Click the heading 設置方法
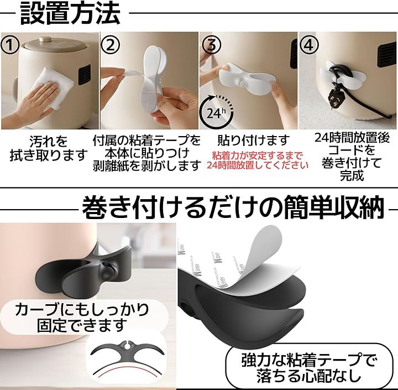coord(70,13)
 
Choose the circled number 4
coord(308,45)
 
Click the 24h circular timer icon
coord(216,112)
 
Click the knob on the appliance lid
coord(46,39)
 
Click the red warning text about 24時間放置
coord(258,160)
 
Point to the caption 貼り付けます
coord(254,140)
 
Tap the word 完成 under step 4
coord(352,175)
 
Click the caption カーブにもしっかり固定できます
coord(82,317)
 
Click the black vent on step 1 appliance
coord(84,75)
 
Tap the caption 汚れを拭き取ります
coord(49,148)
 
